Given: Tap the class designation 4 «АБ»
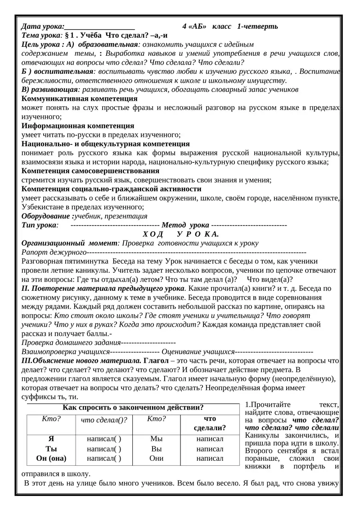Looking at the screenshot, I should point(194,26).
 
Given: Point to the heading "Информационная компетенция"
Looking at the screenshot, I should point(78,126).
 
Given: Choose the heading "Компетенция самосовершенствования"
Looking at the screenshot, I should point(90,171).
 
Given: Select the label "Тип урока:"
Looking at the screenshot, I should point(40,225).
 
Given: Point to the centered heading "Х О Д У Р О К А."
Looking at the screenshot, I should point(180,234).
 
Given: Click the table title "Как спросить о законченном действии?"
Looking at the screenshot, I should point(133,408).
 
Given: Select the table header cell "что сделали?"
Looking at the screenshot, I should point(210,423).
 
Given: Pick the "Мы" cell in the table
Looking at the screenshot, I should point(157,439).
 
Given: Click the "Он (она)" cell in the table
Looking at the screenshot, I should point(51,459).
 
